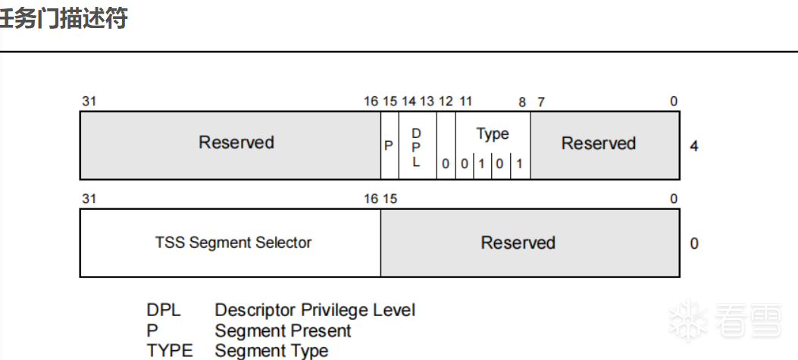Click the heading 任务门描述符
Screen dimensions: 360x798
[64, 20]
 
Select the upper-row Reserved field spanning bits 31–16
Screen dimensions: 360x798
[236, 142]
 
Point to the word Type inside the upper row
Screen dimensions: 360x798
[493, 134]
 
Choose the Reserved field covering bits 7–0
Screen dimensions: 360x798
[598, 143]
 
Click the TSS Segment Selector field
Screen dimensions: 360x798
[233, 243]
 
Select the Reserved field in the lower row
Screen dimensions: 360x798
[518, 243]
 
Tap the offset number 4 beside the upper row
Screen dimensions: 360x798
[694, 146]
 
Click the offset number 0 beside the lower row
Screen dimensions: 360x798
[694, 244]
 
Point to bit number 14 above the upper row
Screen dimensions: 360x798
[409, 102]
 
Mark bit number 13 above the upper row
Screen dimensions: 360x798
[427, 102]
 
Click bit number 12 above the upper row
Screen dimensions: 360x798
[446, 102]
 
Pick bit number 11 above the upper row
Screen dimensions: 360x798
[465, 102]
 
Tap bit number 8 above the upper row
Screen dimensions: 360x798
[522, 102]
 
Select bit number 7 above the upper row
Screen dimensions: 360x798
[540, 102]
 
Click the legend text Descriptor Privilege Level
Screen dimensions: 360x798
[315, 310]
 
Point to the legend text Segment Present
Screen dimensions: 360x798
[283, 330]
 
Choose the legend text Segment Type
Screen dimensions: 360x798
[271, 351]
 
